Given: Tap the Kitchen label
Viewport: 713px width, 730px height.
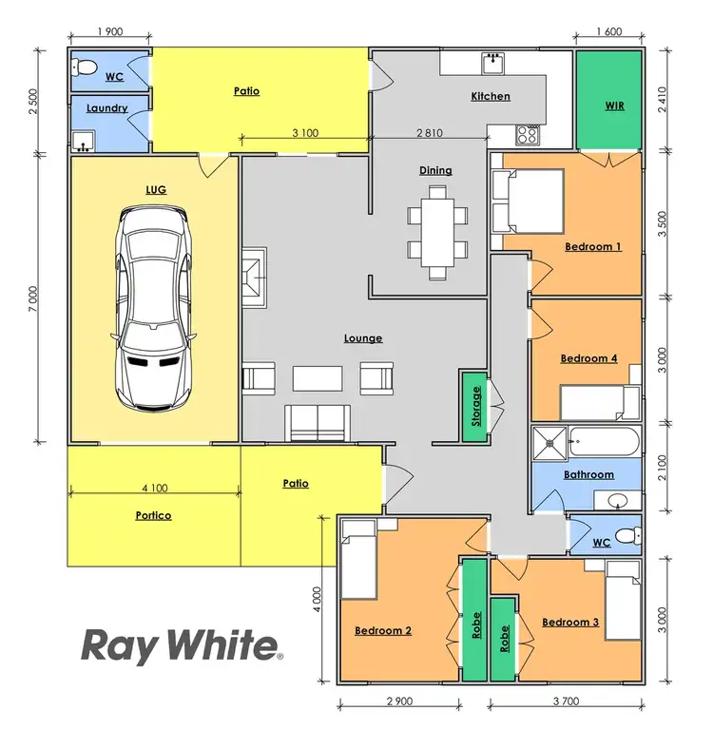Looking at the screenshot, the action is click(491, 96).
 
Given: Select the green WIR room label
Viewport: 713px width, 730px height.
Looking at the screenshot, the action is click(615, 105).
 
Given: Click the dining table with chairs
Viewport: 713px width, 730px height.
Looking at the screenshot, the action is click(437, 232).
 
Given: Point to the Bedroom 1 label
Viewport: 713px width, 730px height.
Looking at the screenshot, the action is click(593, 246).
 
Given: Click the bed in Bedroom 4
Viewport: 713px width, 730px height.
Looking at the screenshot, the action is click(599, 403).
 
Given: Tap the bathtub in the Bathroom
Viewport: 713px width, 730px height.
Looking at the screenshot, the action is click(605, 443).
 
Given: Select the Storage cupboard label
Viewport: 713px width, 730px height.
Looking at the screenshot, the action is click(475, 406).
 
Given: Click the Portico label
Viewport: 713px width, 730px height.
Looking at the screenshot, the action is click(152, 516).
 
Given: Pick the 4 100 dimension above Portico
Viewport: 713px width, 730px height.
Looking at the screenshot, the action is click(154, 489).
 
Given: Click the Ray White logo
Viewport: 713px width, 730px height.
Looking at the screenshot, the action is click(182, 645).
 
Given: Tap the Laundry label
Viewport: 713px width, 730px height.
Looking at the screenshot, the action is click(106, 108).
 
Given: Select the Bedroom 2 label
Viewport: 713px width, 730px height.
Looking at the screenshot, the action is click(383, 629).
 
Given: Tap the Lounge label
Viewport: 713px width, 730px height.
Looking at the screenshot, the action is click(363, 338).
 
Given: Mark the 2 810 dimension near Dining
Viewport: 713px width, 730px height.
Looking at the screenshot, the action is click(430, 133).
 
